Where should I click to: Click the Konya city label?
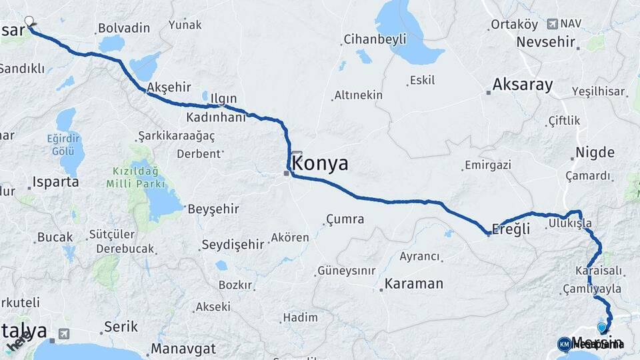[x=320, y=163]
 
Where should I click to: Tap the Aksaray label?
[x=523, y=85]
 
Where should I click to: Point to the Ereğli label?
[x=511, y=229]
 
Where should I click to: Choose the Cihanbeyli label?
[x=375, y=39]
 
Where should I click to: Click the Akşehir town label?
[x=169, y=87]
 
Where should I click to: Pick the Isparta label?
[x=56, y=181]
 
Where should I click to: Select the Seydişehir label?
[x=233, y=244]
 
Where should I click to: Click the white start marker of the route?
[x=29, y=21]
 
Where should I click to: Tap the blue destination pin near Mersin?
[x=603, y=327]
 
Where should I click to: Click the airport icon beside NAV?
[x=552, y=24]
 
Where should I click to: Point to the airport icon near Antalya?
[x=64, y=333]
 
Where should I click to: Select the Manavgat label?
[x=183, y=349]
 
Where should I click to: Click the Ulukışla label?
[x=570, y=223]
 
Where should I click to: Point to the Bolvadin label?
[x=123, y=29]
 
